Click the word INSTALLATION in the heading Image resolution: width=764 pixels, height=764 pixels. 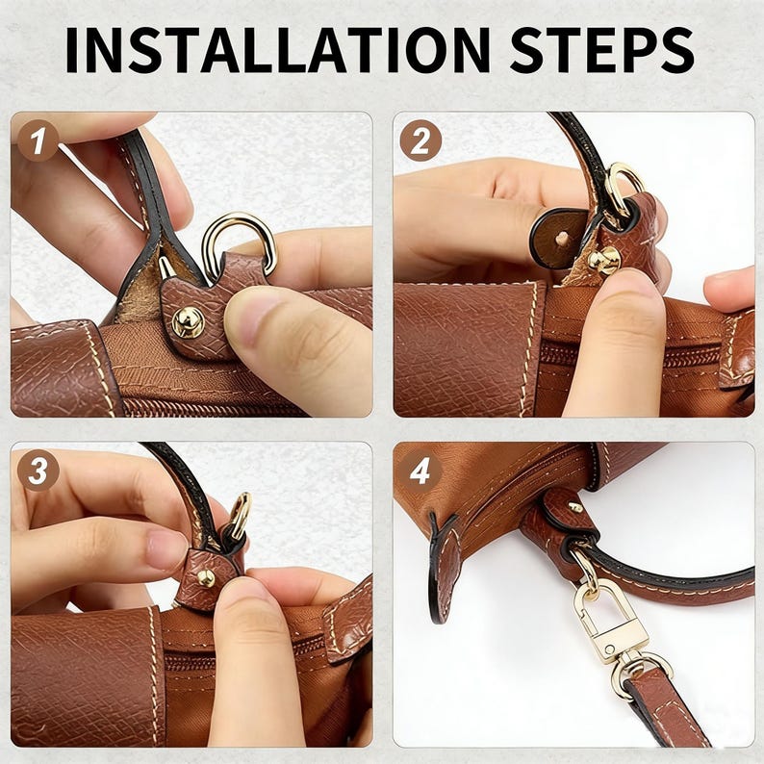[278, 50]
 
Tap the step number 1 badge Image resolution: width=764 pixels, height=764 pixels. [38, 140]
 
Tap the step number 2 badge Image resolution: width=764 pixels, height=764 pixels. [420, 140]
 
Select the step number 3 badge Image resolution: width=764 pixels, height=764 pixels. [38, 471]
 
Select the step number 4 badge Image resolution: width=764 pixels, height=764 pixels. [420, 471]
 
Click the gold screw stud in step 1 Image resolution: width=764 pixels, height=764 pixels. [188, 321]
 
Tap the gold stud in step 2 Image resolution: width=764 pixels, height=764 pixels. [604, 260]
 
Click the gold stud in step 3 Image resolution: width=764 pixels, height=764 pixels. [206, 577]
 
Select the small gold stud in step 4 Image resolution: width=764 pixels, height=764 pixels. [575, 508]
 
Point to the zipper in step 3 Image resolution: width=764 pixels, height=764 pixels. [243, 655]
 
